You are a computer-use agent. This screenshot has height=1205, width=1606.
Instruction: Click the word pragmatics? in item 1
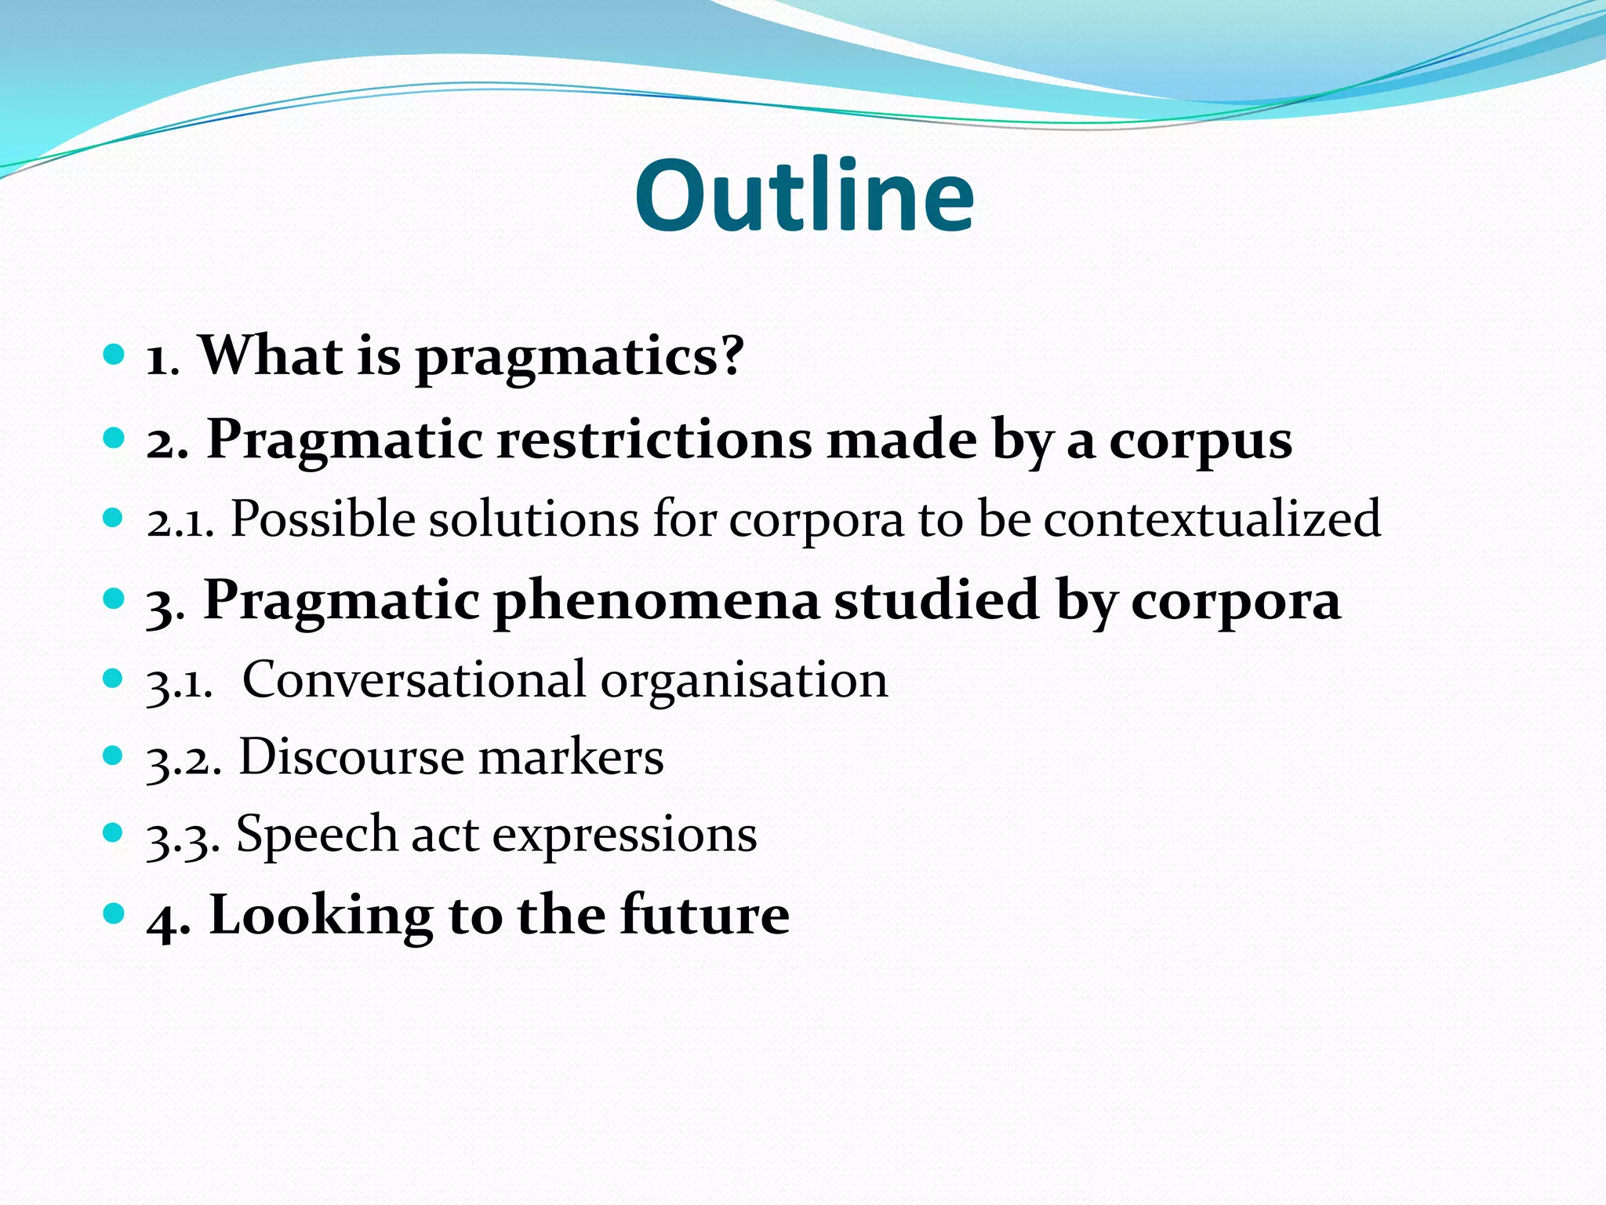[579, 358]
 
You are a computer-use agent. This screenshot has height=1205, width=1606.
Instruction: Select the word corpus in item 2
[1200, 442]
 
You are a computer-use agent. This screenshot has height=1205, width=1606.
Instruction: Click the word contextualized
[1212, 519]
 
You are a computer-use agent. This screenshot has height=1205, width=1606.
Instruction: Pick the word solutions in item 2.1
[533, 519]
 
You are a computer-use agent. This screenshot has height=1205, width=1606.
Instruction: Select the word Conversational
[413, 679]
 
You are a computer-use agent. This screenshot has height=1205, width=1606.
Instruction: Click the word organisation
[744, 681]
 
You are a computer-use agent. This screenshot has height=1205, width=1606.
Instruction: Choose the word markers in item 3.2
[571, 758]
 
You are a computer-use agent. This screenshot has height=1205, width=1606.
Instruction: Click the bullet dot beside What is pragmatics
[114, 355]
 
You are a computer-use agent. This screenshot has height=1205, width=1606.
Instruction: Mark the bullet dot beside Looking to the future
[114, 913]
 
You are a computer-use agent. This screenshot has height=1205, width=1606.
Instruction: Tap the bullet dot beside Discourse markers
[114, 756]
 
